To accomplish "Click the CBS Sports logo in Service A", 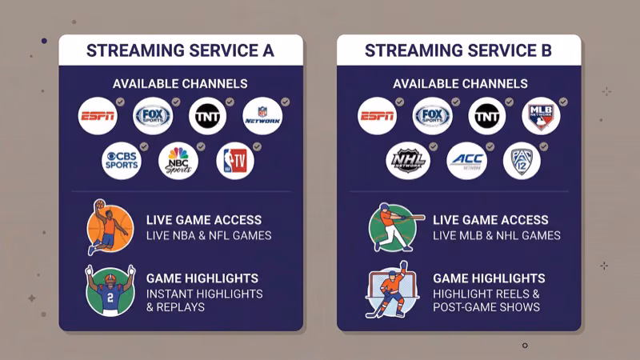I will (121, 161).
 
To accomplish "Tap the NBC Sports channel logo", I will (178, 161).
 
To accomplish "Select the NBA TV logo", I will (235, 161).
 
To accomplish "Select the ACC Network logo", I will (466, 161).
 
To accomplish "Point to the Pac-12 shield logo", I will (522, 161).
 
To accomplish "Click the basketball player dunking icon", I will (109, 227).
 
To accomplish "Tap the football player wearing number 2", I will (109, 290).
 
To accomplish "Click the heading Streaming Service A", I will (180, 51).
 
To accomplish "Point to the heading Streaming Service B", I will (458, 51).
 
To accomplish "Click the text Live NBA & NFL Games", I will (209, 236).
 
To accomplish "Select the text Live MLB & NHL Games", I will (497, 236).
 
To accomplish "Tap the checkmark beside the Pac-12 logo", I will (543, 146).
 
